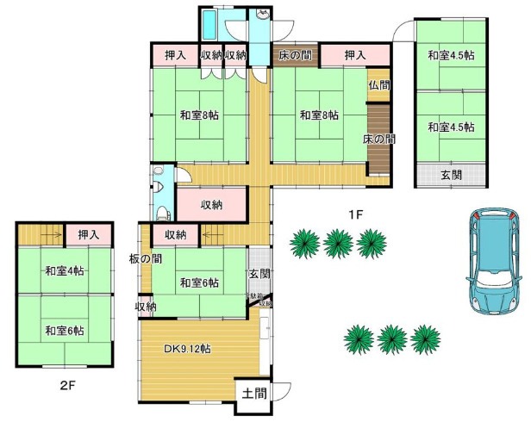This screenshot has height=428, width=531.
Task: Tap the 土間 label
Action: pyautogui.click(x=253, y=394)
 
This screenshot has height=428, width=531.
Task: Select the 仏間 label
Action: pyautogui.click(x=379, y=85)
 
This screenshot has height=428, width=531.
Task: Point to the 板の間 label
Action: pyautogui.click(x=146, y=258)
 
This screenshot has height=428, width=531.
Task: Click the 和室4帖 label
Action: pyautogui.click(x=65, y=271)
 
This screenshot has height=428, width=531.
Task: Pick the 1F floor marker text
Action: pyautogui.click(x=353, y=213)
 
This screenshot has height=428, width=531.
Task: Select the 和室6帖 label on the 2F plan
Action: pyautogui.click(x=65, y=330)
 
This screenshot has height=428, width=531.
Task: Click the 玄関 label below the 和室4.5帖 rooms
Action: pyautogui.click(x=452, y=175)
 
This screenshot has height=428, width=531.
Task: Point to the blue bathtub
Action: pyautogui.click(x=209, y=26)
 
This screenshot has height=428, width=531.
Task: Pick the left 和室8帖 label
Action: pyautogui.click(x=199, y=115)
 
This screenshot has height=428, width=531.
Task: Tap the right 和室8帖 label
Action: pyautogui.click(x=319, y=115)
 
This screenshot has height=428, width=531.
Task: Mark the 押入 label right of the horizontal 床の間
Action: pyautogui.click(x=355, y=56)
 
